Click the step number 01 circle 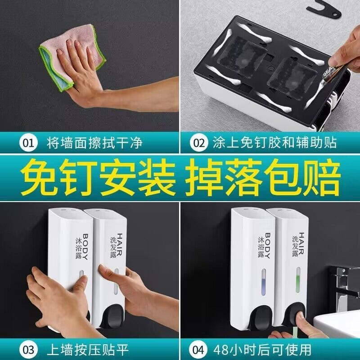[28, 143]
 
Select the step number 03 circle [28, 350]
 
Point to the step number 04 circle [198, 350]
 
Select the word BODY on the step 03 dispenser [85, 246]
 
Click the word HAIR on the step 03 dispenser [119, 244]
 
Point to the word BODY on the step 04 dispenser [267, 246]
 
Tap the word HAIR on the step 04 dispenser [301, 243]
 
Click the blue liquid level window [264, 282]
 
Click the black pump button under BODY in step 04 [262, 318]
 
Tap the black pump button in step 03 [112, 316]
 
